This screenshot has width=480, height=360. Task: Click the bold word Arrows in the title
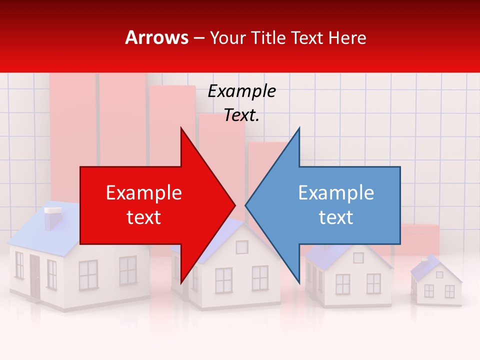tap(157, 37)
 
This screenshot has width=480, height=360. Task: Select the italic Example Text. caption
tap(241, 103)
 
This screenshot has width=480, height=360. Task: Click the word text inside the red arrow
tap(143, 217)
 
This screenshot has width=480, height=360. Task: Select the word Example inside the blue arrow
tap(336, 193)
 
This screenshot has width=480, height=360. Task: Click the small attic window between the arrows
tap(242, 247)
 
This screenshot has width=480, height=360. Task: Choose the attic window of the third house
tap(358, 257)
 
